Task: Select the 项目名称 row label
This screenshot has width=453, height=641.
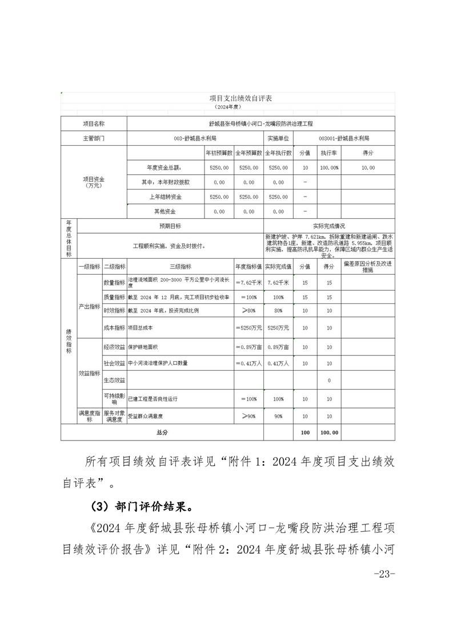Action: click(94, 123)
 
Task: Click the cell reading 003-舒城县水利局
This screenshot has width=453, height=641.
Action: click(194, 138)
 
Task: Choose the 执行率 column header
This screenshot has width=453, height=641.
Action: click(329, 153)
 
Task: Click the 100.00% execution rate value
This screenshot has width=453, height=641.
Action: click(329, 168)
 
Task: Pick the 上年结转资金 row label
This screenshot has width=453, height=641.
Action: click(165, 197)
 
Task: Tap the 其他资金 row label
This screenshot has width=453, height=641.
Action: click(165, 211)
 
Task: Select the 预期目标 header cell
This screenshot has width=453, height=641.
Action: click(170, 226)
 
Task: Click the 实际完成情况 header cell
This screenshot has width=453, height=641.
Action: click(329, 226)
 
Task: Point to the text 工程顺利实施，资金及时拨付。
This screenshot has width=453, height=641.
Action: click(169, 246)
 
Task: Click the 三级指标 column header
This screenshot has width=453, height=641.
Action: click(181, 267)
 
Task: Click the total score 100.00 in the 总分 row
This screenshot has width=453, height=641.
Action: click(329, 432)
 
